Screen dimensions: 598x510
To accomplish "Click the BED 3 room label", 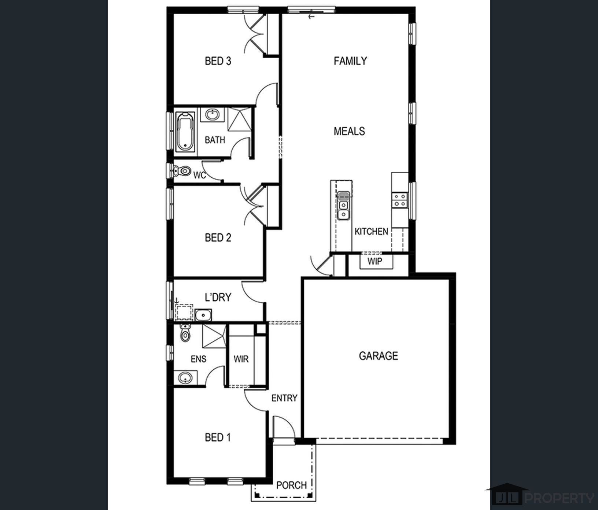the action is pos(218,61).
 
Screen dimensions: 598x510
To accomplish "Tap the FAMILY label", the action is pos(350,61).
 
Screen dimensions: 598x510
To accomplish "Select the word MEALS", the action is pos(349,131).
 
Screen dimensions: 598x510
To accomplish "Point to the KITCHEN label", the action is pos(371,232).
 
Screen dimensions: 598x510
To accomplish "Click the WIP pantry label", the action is pos(374,261).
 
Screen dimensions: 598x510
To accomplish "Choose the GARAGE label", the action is pos(379,356).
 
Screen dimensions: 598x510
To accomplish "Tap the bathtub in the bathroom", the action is pos(185,132).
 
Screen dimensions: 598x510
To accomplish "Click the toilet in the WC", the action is pos(182,171).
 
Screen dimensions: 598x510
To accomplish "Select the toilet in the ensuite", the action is pos(185,333).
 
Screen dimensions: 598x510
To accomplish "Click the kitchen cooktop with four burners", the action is pos(399,200).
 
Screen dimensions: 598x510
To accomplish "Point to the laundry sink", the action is pos(203,315).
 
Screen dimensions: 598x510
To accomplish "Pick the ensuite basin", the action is pos(185,377).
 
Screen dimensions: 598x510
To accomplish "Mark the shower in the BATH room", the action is pos(240,119).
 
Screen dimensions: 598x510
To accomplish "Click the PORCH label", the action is pos(291,485).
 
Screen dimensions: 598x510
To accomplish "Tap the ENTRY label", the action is pos(284,398).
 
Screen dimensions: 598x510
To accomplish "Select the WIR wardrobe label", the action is pos(241,359).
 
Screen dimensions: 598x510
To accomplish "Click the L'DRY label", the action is pos(218,297).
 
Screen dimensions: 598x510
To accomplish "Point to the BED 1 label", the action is pos(218,437).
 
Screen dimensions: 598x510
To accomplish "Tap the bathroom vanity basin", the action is pos(212,114).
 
